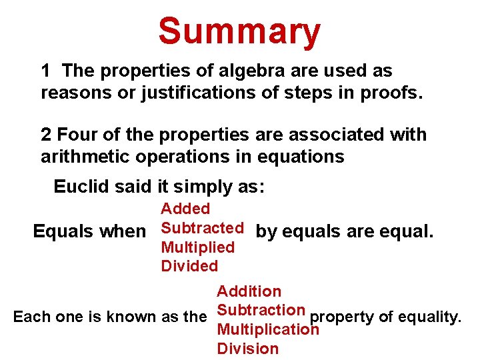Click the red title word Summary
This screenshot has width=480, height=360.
(239, 31)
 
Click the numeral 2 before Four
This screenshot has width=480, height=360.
(45, 135)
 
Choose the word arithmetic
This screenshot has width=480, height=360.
(83, 157)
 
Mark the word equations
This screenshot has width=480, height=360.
(305, 157)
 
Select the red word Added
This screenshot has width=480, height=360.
(185, 209)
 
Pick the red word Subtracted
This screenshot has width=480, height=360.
(203, 228)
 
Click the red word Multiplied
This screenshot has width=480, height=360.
(198, 247)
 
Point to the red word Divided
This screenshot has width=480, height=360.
(189, 266)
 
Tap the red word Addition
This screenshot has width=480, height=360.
(249, 291)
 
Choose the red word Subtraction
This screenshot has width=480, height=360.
(261, 310)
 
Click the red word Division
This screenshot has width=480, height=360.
(247, 349)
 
